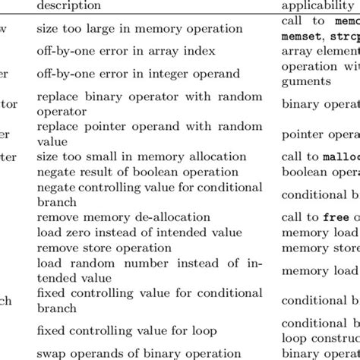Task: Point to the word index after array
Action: click(x=193, y=52)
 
